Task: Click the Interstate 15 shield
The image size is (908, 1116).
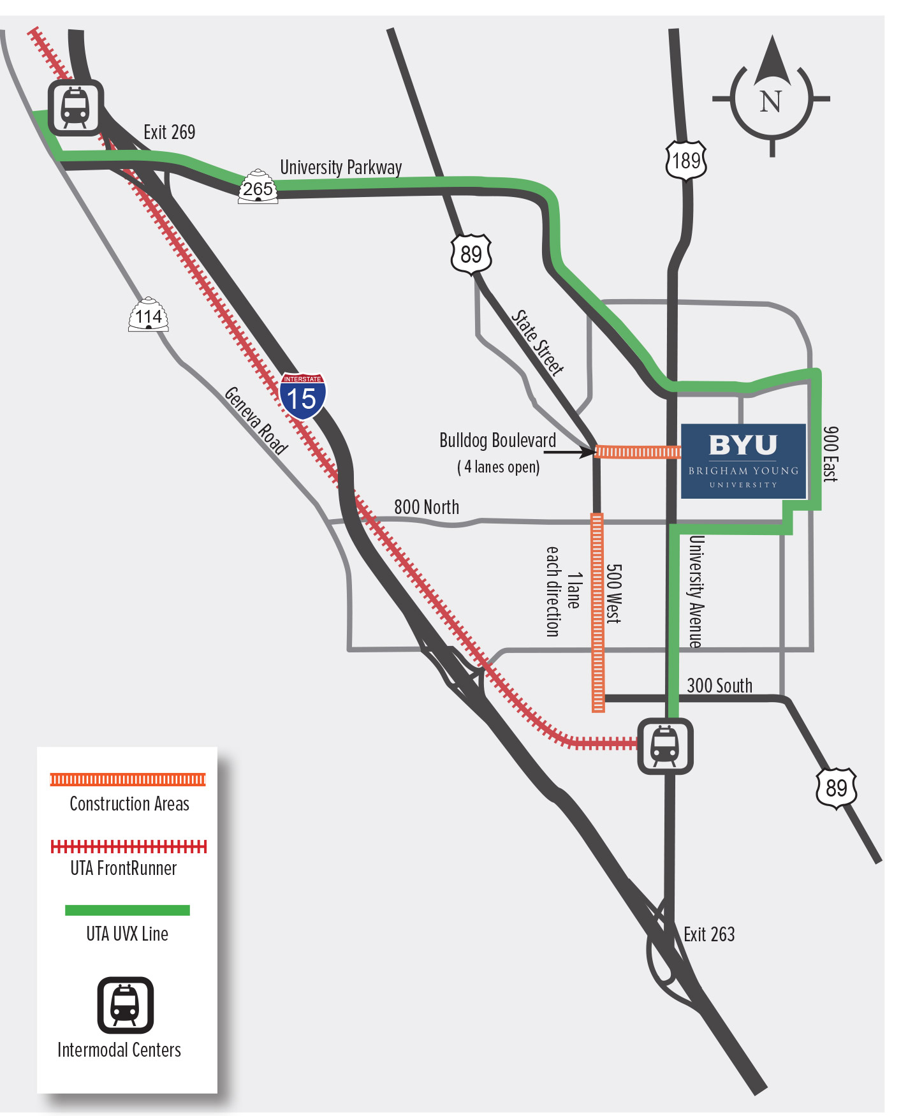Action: pos(302,396)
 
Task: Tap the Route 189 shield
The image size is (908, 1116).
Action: pos(686,161)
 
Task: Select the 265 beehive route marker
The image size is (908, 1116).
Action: pos(258,187)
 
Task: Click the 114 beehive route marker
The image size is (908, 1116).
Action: pos(149,315)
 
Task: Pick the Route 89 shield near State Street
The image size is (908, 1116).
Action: pos(471,254)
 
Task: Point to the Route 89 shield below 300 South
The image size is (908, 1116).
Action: pos(836,788)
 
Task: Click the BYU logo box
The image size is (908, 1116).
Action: pos(743,460)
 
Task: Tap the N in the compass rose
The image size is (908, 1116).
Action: pos(771,101)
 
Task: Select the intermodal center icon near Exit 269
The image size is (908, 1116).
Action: pos(75,107)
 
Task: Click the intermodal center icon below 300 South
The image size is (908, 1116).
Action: pos(665,746)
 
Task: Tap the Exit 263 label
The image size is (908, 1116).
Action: pos(709,935)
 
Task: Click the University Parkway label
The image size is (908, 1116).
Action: pos(341,167)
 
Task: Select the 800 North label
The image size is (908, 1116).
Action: pos(427,507)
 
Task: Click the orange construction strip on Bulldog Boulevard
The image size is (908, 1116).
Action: pos(638,452)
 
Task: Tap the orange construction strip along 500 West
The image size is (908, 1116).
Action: pos(597,612)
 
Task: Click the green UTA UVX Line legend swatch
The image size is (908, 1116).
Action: pos(128,910)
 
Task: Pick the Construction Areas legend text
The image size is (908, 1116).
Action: pos(129,804)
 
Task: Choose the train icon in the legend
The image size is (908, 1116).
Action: pos(125,1005)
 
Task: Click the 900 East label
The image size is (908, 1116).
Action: pos(830,454)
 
